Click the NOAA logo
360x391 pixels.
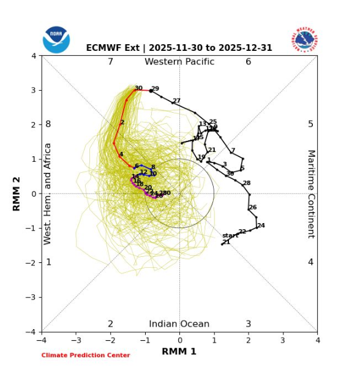pyautogui.click(x=56, y=39)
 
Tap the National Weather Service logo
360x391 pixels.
pyautogui.click(x=304, y=39)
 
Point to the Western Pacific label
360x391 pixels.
pyautogui.click(x=179, y=62)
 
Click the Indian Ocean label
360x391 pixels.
pyautogui.click(x=179, y=324)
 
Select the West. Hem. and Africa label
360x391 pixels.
pyautogui.click(x=48, y=194)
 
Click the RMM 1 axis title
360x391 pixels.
pyautogui.click(x=179, y=351)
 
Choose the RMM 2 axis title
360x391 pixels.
pyautogui.click(x=17, y=194)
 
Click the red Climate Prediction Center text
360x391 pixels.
pyautogui.click(x=86, y=355)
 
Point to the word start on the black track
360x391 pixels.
pyautogui.click(x=230, y=235)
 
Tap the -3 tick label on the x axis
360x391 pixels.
pyautogui.click(x=76, y=340)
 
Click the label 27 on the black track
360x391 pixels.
pyautogui.click(x=176, y=101)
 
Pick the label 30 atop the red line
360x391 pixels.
pyautogui.click(x=138, y=88)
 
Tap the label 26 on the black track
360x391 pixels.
pyautogui.click(x=252, y=208)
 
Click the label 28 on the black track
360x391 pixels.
pyautogui.click(x=246, y=183)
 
